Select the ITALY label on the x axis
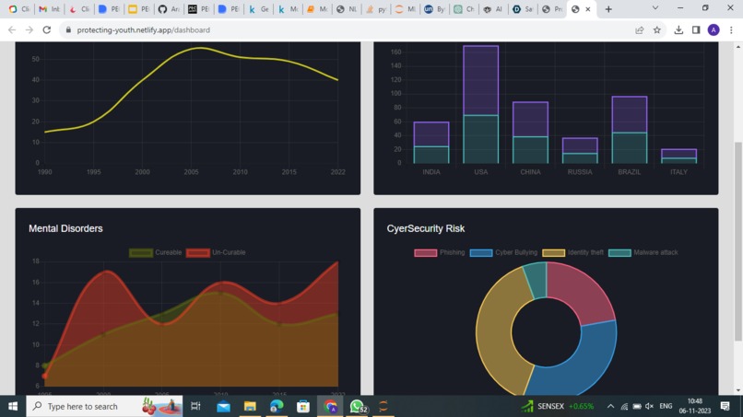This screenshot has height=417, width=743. pyautogui.click(x=678, y=172)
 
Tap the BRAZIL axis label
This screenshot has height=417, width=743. pyautogui.click(x=629, y=172)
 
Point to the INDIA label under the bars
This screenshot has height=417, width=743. pyautogui.click(x=430, y=172)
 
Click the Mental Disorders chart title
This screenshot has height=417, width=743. pyautogui.click(x=65, y=228)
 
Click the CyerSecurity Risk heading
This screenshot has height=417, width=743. pyautogui.click(x=425, y=228)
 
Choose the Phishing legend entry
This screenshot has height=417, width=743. pyautogui.click(x=440, y=252)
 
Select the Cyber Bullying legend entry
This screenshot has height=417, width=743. pyautogui.click(x=503, y=252)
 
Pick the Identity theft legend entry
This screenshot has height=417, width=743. pyautogui.click(x=572, y=252)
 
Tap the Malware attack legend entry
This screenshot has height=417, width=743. pyautogui.click(x=643, y=252)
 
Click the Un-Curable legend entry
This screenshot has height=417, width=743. pyautogui.click(x=216, y=252)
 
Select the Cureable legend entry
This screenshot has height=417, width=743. pyautogui.click(x=156, y=252)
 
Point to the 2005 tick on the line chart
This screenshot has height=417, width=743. pyautogui.click(x=191, y=172)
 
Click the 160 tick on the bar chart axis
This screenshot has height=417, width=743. pyautogui.click(x=395, y=52)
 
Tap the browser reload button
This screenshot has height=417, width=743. pyautogui.click(x=47, y=29)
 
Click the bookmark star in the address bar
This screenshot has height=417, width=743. pyautogui.click(x=657, y=29)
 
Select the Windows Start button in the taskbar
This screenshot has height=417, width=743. pyautogui.click(x=13, y=406)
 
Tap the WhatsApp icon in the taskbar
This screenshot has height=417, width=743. pyautogui.click(x=357, y=406)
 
